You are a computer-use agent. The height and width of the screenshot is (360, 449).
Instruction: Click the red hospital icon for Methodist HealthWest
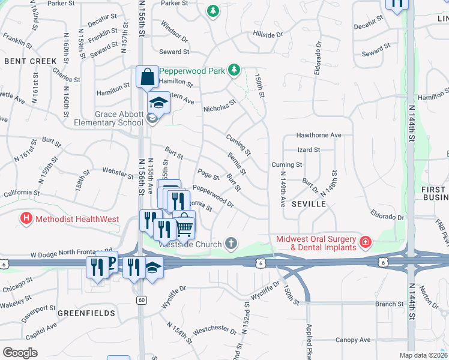[x=26, y=218]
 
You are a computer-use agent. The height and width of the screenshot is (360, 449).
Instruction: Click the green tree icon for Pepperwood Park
[x=234, y=71]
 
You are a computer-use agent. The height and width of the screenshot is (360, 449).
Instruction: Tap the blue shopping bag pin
[x=147, y=76]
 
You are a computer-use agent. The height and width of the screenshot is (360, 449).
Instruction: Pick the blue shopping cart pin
[x=184, y=226]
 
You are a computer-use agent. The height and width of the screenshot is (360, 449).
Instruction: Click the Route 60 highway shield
[x=141, y=299]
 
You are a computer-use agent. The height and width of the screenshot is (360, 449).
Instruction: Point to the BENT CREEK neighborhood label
[x=30, y=61]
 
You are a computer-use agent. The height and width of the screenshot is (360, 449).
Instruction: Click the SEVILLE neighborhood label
[x=309, y=204]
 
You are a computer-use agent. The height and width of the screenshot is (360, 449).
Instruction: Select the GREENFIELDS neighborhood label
[x=83, y=313]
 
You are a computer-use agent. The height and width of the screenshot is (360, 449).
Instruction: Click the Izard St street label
[x=309, y=149]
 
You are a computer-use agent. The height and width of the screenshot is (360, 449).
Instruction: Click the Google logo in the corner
[x=19, y=353]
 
